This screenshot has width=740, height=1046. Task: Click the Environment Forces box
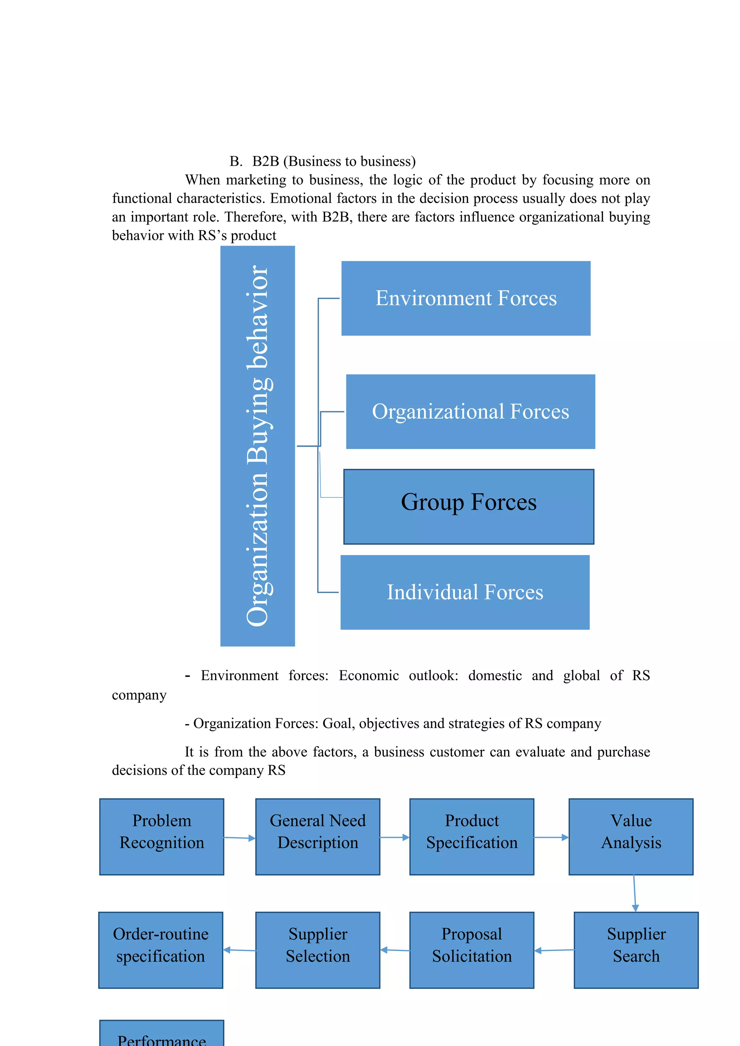tap(466, 298)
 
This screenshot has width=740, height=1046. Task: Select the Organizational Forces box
tap(470, 411)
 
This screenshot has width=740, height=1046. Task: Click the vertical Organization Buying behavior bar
tap(258, 446)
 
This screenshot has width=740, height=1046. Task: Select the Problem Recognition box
tap(162, 837)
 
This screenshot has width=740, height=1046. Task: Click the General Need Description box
tap(318, 837)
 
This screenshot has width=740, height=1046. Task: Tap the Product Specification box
tap(472, 837)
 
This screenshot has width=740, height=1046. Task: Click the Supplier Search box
tap(636, 950)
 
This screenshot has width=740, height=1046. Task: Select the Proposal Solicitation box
tap(472, 950)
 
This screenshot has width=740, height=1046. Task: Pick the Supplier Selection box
tap(318, 950)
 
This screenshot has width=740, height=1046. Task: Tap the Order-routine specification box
tap(160, 950)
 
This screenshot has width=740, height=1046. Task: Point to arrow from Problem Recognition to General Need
tap(240, 838)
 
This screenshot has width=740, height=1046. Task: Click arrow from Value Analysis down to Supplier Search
tap(634, 893)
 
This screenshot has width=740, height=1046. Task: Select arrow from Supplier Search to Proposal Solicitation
tap(554, 950)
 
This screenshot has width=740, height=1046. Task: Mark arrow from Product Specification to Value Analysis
tap(551, 837)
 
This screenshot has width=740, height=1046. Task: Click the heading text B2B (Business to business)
tap(334, 161)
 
